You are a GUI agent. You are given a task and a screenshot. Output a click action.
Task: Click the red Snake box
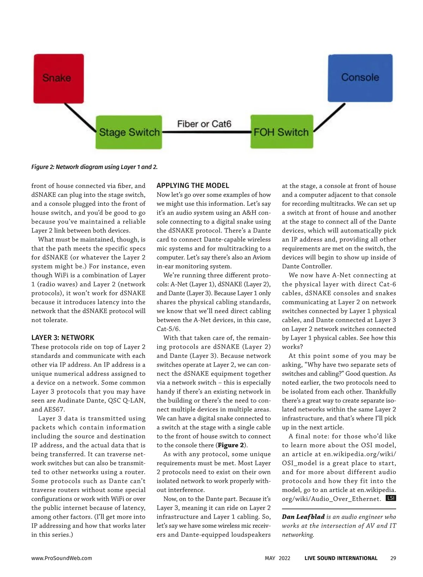(59, 78)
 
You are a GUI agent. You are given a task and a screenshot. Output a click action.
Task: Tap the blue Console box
(360, 78)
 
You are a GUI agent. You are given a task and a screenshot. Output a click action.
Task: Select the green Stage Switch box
(129, 132)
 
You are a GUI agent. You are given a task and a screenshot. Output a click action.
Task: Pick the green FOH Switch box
(281, 132)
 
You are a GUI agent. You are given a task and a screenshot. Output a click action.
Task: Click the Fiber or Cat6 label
(204, 124)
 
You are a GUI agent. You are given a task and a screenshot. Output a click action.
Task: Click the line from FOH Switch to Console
(329, 118)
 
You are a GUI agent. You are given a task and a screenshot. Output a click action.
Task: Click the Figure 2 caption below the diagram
(94, 167)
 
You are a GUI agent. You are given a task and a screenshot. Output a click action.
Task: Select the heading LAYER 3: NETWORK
(63, 337)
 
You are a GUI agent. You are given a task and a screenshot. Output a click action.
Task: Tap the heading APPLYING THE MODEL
(193, 186)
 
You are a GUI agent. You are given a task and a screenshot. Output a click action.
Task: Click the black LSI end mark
(391, 498)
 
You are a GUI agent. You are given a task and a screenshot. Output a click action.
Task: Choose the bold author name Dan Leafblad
(303, 517)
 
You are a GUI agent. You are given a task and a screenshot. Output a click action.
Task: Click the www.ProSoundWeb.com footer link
(62, 558)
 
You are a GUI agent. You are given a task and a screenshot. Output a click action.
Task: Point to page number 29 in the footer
(393, 558)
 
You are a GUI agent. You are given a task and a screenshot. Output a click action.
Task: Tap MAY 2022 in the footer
(277, 558)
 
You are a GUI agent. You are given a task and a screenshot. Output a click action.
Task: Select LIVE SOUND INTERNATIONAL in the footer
(341, 558)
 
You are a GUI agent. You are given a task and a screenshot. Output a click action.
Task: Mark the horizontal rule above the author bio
(339, 509)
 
